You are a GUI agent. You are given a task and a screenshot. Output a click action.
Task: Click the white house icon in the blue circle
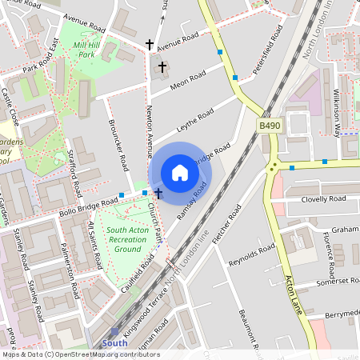pos(179,173)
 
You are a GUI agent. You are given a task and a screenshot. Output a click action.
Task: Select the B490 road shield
pos(270,126)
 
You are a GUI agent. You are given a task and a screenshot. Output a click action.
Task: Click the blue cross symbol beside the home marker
pos(158,193)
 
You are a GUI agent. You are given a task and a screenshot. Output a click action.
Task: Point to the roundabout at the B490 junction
pos(273,167)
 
